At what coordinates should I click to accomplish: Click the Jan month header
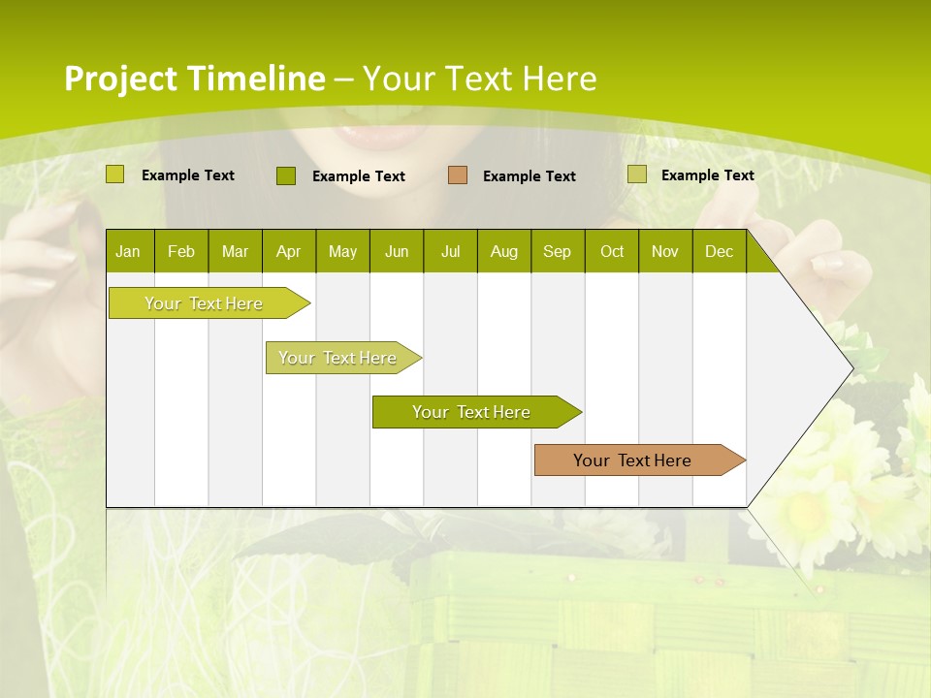pos(129,251)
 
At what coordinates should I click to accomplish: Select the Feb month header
pos(181,251)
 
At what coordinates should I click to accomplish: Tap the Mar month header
pos(235,251)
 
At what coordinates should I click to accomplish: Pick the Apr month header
pos(289,251)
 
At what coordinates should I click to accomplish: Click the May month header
pos(342,251)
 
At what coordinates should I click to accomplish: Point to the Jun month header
pos(397,251)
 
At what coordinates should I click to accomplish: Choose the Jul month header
pos(450,251)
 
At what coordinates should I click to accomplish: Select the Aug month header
pos(504,251)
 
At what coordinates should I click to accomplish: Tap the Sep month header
pos(558,251)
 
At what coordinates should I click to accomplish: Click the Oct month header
pos(612,251)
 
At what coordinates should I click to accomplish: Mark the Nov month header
pos(665,251)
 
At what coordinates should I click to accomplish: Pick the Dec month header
pos(720,251)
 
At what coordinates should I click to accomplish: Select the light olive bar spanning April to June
pos(339,358)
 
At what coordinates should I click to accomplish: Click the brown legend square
pos(458,175)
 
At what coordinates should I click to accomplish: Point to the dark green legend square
pos(286,175)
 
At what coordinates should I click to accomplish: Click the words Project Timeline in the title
pos(195,79)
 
